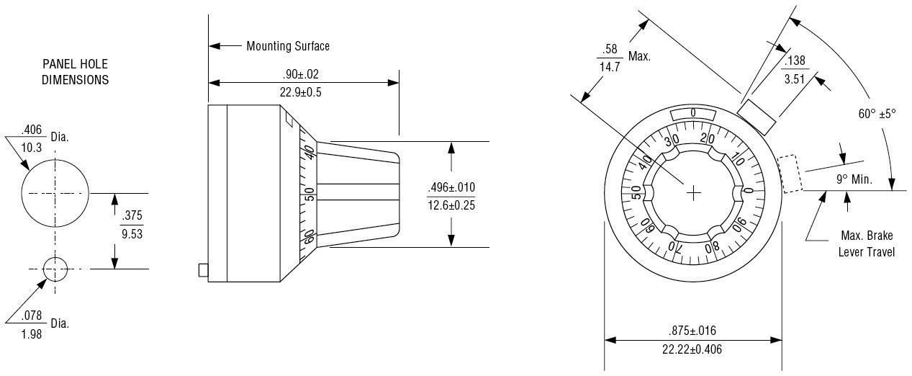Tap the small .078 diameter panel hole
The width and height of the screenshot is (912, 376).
[55, 269]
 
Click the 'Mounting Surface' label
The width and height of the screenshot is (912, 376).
[288, 46]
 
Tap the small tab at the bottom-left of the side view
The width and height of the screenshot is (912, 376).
[203, 270]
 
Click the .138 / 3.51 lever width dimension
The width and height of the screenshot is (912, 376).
[795, 69]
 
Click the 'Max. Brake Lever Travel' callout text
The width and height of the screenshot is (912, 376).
[867, 244]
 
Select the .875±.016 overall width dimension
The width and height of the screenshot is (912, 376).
[692, 340]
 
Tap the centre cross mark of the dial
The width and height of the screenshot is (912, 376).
[693, 193]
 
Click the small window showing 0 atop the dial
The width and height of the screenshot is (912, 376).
[692, 113]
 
